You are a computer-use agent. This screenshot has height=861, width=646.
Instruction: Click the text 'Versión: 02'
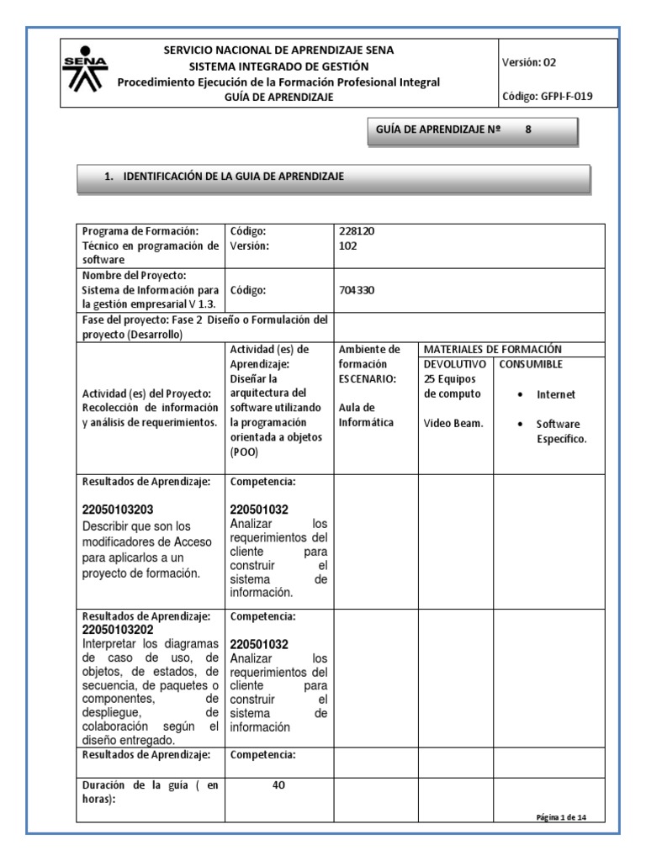coord(529,62)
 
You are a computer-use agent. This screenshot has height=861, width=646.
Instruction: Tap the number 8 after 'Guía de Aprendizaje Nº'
coord(528,130)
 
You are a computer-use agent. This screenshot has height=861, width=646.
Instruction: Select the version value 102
coord(347,246)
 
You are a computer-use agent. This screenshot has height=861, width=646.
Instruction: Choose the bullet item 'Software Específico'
coord(559,432)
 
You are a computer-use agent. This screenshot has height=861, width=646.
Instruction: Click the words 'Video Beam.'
coord(453,423)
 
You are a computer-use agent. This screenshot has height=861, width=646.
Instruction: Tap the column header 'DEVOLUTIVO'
coord(455,364)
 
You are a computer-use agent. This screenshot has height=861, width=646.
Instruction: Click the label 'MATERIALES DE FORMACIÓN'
coord(493,349)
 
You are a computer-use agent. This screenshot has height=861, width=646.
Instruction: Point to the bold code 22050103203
coord(118,510)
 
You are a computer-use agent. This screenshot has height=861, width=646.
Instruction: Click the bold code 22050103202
coord(118,630)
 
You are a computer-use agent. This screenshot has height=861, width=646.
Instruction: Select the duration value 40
coord(279,785)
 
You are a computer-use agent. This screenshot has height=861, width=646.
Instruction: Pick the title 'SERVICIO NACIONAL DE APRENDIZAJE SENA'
coord(278,50)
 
